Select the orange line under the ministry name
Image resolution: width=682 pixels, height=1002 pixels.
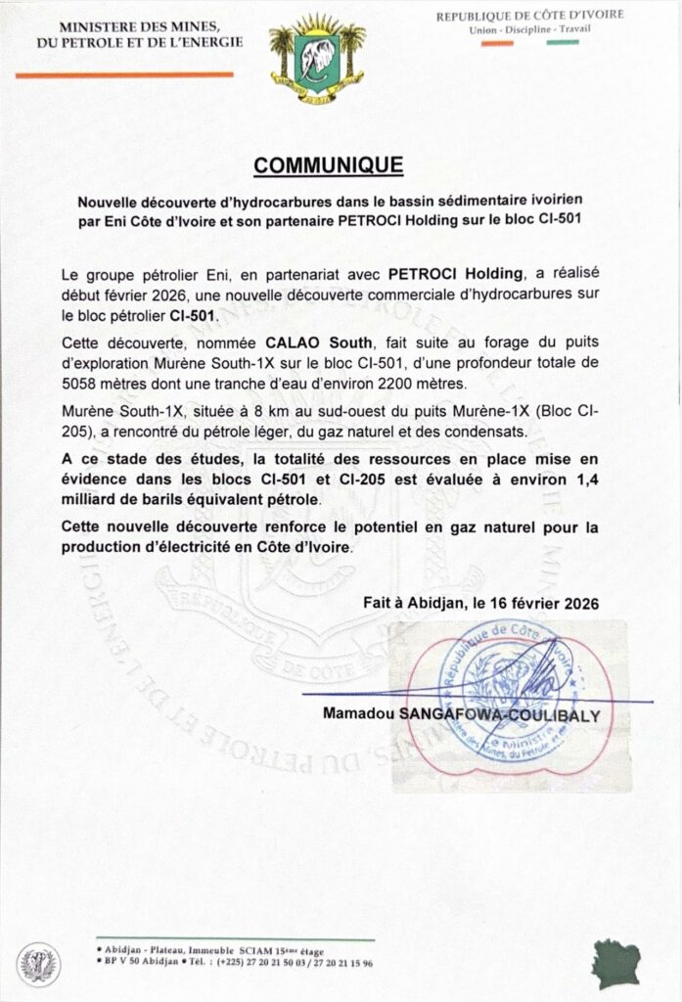[123, 74]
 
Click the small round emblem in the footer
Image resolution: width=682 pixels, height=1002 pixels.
[39, 963]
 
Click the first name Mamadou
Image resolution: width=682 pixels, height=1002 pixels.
[358, 715]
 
